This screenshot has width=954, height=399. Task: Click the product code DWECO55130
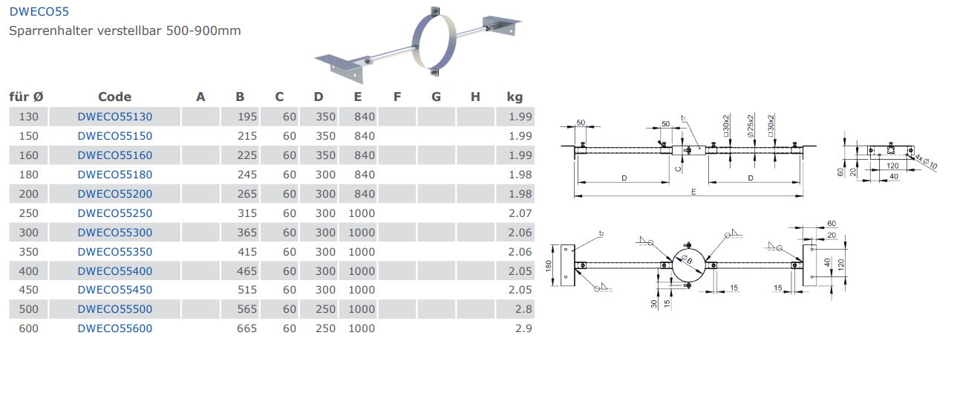tap(114, 117)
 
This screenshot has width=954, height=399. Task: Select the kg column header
tap(514, 97)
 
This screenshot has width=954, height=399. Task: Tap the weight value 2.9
tap(523, 328)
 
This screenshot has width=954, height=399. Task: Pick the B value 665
tap(246, 328)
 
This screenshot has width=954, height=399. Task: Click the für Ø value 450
tap(28, 290)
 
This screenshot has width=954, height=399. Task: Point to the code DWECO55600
tap(114, 328)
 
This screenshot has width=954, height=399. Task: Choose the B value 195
tap(247, 117)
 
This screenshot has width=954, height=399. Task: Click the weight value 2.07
tap(520, 213)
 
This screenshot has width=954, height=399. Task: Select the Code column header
tap(114, 97)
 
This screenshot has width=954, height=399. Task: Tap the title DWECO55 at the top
tap(39, 11)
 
